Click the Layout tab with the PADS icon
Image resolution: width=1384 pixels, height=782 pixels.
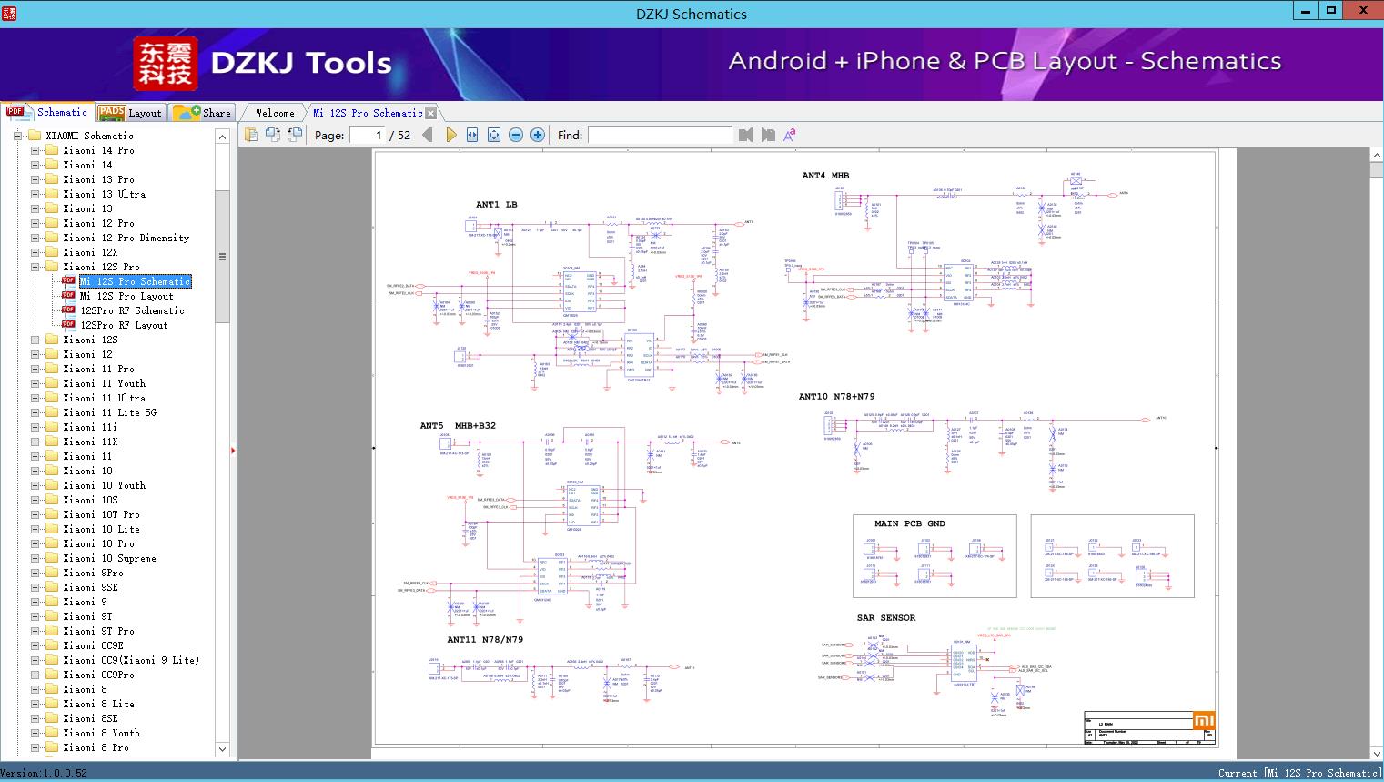click(130, 113)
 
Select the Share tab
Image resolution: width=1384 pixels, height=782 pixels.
click(203, 113)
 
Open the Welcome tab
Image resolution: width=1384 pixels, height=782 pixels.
click(275, 113)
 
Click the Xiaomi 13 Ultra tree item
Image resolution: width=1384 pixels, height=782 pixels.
click(104, 194)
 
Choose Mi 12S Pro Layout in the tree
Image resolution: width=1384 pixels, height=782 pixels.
click(126, 296)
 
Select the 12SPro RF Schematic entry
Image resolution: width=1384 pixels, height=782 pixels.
click(132, 310)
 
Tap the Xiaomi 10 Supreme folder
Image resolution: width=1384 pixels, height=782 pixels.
click(109, 558)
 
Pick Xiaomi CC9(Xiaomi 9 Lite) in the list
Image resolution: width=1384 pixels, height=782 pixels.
click(131, 660)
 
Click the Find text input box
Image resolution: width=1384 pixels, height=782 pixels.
click(660, 135)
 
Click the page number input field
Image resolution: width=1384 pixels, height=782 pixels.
click(366, 135)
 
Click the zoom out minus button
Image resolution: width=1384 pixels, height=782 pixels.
click(516, 135)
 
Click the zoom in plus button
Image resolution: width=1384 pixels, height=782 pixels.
click(538, 135)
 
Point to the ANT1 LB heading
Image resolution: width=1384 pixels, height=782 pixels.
click(496, 204)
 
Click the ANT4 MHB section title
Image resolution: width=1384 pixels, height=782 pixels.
click(824, 176)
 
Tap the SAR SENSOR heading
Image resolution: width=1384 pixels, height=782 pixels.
click(885, 617)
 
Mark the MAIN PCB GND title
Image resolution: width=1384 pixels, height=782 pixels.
click(909, 523)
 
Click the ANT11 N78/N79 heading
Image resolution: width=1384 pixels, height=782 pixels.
click(484, 639)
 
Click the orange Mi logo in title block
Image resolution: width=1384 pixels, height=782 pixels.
click(1203, 720)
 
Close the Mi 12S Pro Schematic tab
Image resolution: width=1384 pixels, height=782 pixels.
click(431, 113)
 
